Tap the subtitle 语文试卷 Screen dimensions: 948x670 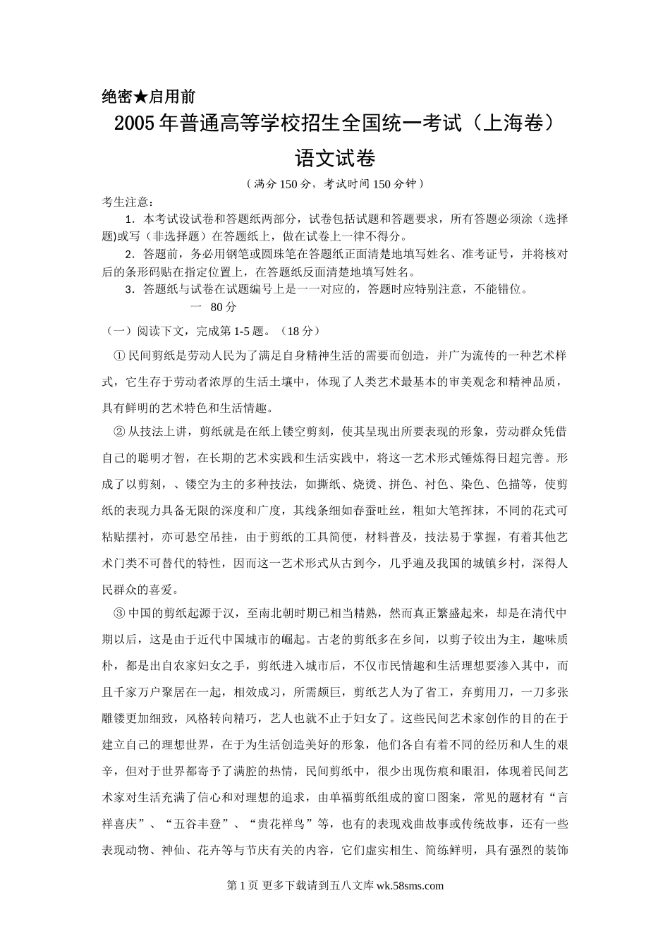coord(335,158)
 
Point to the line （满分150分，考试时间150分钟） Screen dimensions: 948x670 coord(335,184)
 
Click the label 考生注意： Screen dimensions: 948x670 coord(128,202)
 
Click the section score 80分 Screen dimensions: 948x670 coord(224,307)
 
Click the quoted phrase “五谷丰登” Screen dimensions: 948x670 coord(195,824)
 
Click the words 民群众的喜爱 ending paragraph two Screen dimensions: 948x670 coord(140,588)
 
